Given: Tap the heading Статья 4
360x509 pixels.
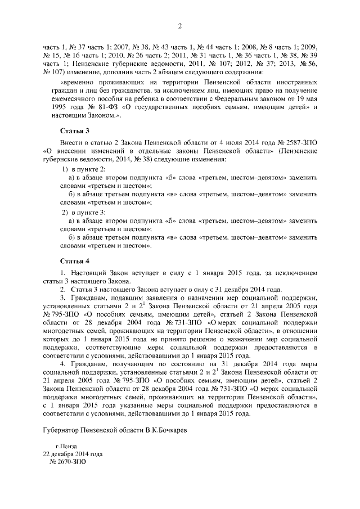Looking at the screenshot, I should (x=75, y=261).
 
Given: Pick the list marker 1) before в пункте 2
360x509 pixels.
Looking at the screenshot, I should (x=65, y=169).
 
